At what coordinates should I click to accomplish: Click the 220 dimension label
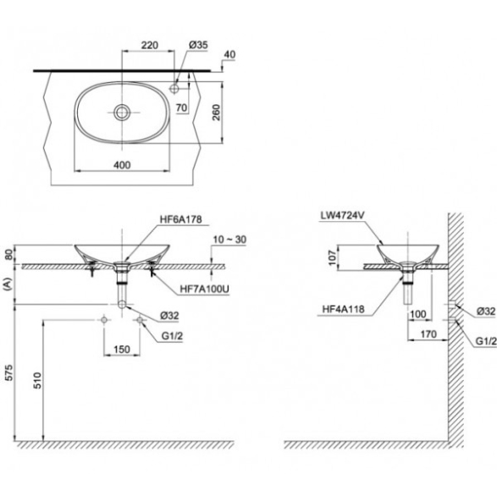(150, 46)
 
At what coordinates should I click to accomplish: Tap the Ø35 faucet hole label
(198, 45)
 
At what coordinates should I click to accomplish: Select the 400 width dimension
(122, 165)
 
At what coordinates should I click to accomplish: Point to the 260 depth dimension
(216, 113)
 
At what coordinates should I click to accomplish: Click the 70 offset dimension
(181, 108)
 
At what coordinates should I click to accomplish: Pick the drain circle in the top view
(122, 113)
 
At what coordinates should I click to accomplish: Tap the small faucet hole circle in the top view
(174, 88)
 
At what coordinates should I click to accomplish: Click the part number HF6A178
(180, 219)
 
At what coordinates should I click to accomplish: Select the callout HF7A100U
(204, 289)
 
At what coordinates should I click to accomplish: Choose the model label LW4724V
(342, 216)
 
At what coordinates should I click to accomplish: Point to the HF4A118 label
(343, 309)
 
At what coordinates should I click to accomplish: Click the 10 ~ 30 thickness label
(229, 240)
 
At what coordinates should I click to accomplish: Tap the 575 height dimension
(9, 373)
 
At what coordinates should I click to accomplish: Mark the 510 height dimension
(38, 380)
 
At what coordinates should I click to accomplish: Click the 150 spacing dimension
(122, 350)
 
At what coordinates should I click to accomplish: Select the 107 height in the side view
(332, 257)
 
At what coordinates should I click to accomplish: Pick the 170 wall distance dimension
(428, 334)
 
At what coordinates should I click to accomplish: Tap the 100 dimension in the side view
(418, 314)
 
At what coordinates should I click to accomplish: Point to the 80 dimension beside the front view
(9, 254)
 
